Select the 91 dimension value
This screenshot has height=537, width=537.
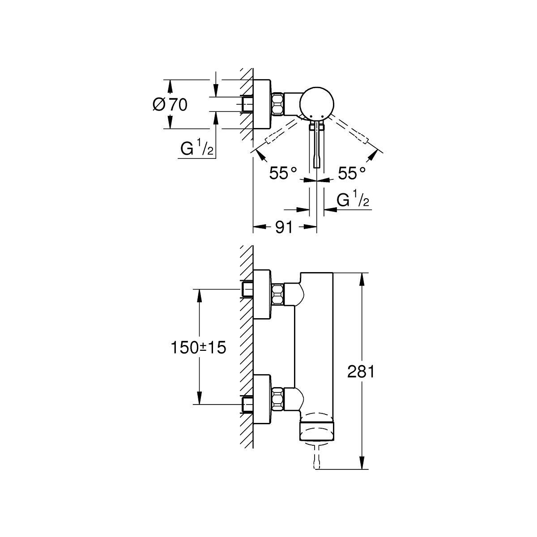click(x=283, y=227)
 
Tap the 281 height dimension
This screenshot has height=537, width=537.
click(x=360, y=372)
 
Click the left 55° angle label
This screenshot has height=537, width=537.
click(x=284, y=173)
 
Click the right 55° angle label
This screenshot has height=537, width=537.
click(x=352, y=173)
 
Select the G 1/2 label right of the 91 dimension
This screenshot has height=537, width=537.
click(x=353, y=201)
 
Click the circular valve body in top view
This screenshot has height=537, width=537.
click(x=317, y=103)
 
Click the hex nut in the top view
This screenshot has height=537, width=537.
click(x=277, y=104)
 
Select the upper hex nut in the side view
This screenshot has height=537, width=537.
click(x=277, y=294)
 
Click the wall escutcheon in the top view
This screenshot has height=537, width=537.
click(x=262, y=104)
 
